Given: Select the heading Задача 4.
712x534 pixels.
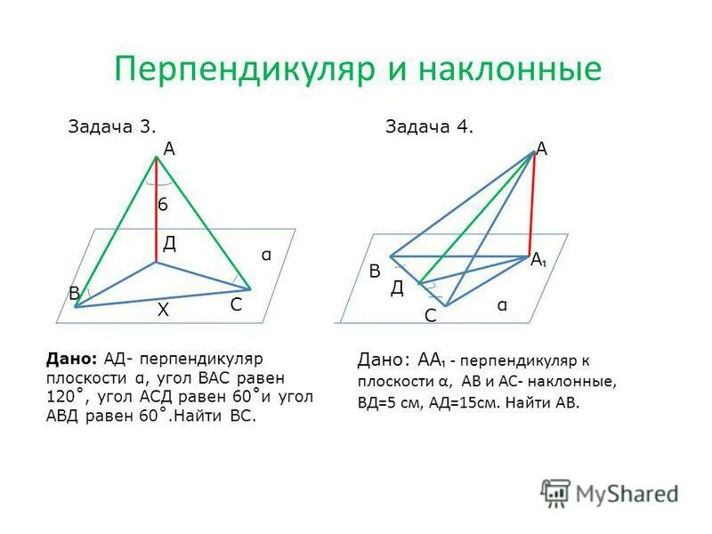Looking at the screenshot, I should (430, 126).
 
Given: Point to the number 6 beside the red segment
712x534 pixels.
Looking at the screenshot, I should (163, 206).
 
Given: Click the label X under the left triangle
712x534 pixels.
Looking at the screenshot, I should (163, 310).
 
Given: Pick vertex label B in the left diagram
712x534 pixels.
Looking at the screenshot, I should (74, 294).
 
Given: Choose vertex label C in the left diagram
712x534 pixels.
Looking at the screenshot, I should (236, 304).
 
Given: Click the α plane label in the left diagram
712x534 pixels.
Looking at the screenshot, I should (265, 255).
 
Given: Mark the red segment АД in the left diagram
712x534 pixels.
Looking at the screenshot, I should (157, 210).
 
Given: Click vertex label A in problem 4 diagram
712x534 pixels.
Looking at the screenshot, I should (541, 150).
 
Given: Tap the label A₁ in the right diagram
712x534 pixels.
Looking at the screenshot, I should (538, 261).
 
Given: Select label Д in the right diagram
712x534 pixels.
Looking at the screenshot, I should (397, 287).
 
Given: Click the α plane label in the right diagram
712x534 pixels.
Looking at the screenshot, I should (503, 305).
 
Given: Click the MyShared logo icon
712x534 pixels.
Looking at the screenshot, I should (555, 492).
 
